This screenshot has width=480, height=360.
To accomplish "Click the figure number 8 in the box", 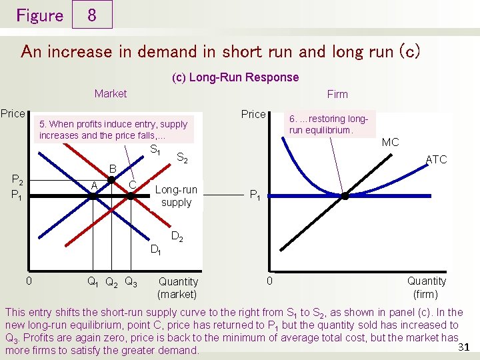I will pyautogui.click(x=91, y=15).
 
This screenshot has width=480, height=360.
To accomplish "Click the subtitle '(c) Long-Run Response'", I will pyautogui.click(x=235, y=77).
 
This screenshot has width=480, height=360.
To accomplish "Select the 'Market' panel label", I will pyautogui.click(x=111, y=94).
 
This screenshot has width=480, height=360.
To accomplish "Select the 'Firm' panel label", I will pyautogui.click(x=337, y=95).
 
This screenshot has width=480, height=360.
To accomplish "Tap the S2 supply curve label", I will pyautogui.click(x=181, y=159).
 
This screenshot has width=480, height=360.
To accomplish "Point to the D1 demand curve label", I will pyautogui.click(x=155, y=250).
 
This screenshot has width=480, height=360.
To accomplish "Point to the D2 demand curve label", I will pyautogui.click(x=177, y=237).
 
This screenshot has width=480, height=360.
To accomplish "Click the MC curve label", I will pyautogui.click(x=391, y=142).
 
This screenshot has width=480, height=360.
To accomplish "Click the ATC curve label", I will pyautogui.click(x=436, y=159).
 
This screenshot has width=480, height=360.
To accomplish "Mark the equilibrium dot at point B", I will pyautogui.click(x=112, y=180).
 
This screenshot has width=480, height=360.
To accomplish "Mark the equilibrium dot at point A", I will pyautogui.click(x=93, y=196).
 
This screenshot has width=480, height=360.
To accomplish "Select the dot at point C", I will pyautogui.click(x=131, y=196).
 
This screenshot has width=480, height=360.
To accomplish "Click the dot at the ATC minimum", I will pyautogui.click(x=345, y=196).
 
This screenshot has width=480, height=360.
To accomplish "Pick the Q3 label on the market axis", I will pyautogui.click(x=131, y=281).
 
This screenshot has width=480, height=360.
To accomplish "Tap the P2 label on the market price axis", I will pyautogui.click(x=18, y=181).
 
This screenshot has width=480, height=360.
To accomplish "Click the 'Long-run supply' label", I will pyautogui.click(x=176, y=196).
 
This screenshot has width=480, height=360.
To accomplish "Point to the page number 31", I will pyautogui.click(x=466, y=346).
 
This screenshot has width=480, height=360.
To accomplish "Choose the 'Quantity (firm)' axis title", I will pyautogui.click(x=426, y=287).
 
